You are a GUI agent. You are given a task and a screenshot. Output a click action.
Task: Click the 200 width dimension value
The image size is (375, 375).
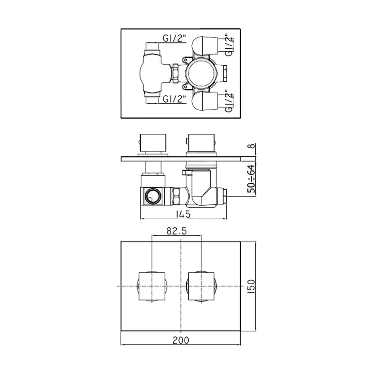181,340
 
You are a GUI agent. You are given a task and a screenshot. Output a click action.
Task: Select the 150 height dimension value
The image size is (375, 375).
251,286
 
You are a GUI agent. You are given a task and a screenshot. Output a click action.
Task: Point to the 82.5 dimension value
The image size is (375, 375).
177,231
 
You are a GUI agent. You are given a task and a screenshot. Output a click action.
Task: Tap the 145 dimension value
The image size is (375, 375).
183,214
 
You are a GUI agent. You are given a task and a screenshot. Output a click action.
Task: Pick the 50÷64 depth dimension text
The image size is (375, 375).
251,178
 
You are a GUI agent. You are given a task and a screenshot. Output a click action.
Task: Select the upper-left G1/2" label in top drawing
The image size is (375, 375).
174,38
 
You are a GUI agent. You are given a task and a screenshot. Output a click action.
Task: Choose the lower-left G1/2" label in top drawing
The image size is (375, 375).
174,99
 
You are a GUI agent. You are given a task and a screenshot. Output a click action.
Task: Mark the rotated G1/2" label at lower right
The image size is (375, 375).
229,101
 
